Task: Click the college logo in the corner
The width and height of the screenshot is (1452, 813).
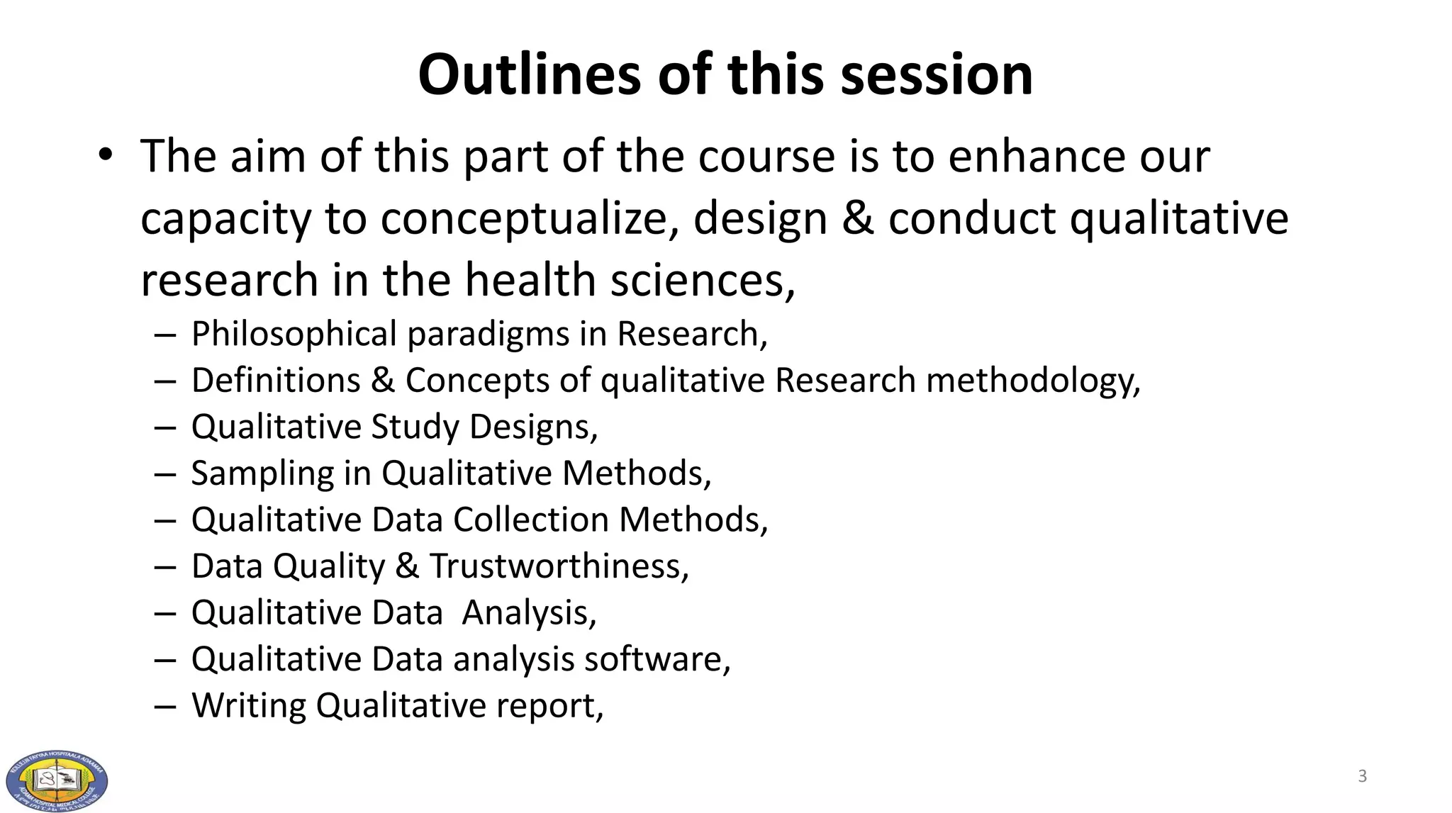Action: (x=57, y=780)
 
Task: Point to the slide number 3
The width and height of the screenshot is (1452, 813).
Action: (x=1362, y=776)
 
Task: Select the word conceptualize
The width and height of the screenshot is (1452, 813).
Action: (x=525, y=218)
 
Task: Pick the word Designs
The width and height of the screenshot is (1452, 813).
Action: (x=533, y=427)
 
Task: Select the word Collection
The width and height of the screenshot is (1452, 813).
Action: (x=531, y=520)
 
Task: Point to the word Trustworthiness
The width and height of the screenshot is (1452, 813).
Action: (x=559, y=566)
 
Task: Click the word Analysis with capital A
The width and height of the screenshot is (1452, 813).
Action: (x=528, y=612)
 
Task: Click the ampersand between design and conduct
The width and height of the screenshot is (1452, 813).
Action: (x=858, y=218)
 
